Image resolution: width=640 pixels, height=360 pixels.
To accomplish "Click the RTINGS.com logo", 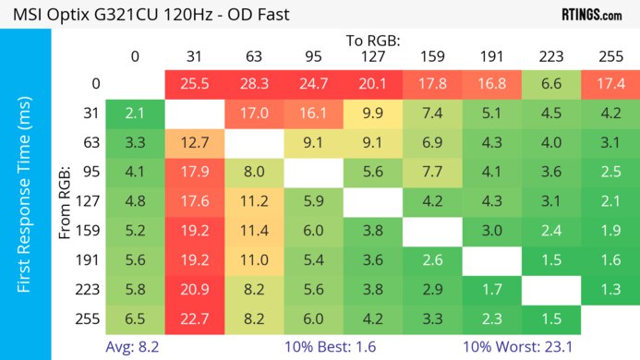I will pyautogui.click(x=591, y=15).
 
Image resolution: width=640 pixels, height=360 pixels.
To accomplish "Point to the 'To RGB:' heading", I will pyautogui.click(x=374, y=41).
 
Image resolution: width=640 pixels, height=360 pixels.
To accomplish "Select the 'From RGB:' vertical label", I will pyautogui.click(x=66, y=203).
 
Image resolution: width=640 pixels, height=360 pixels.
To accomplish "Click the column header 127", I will pyautogui.click(x=373, y=56).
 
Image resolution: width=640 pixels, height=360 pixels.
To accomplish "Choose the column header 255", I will pyautogui.click(x=610, y=56).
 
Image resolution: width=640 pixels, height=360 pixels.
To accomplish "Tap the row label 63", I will pyautogui.click(x=91, y=144).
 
